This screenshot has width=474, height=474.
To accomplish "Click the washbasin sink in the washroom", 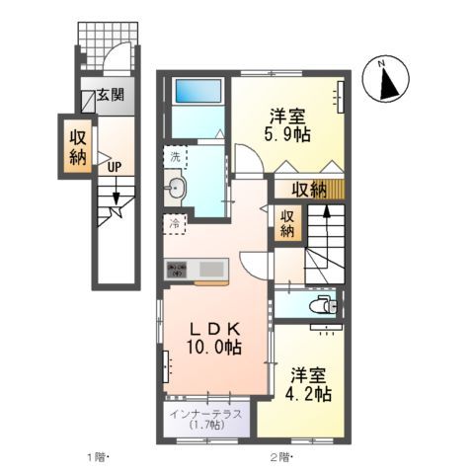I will coord(178,187).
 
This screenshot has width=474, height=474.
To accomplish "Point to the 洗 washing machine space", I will coord(175,158).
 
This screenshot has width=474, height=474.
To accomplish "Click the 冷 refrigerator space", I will coord(174,224).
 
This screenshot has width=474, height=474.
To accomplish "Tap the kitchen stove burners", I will coord(178,267).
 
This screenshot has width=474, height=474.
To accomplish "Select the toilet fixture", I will coord(321,304).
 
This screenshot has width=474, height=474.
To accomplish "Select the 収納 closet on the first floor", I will coord(78,145).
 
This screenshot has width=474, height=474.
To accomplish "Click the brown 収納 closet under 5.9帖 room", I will coord(307,190).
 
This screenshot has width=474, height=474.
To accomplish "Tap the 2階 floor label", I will coord(280,457).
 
